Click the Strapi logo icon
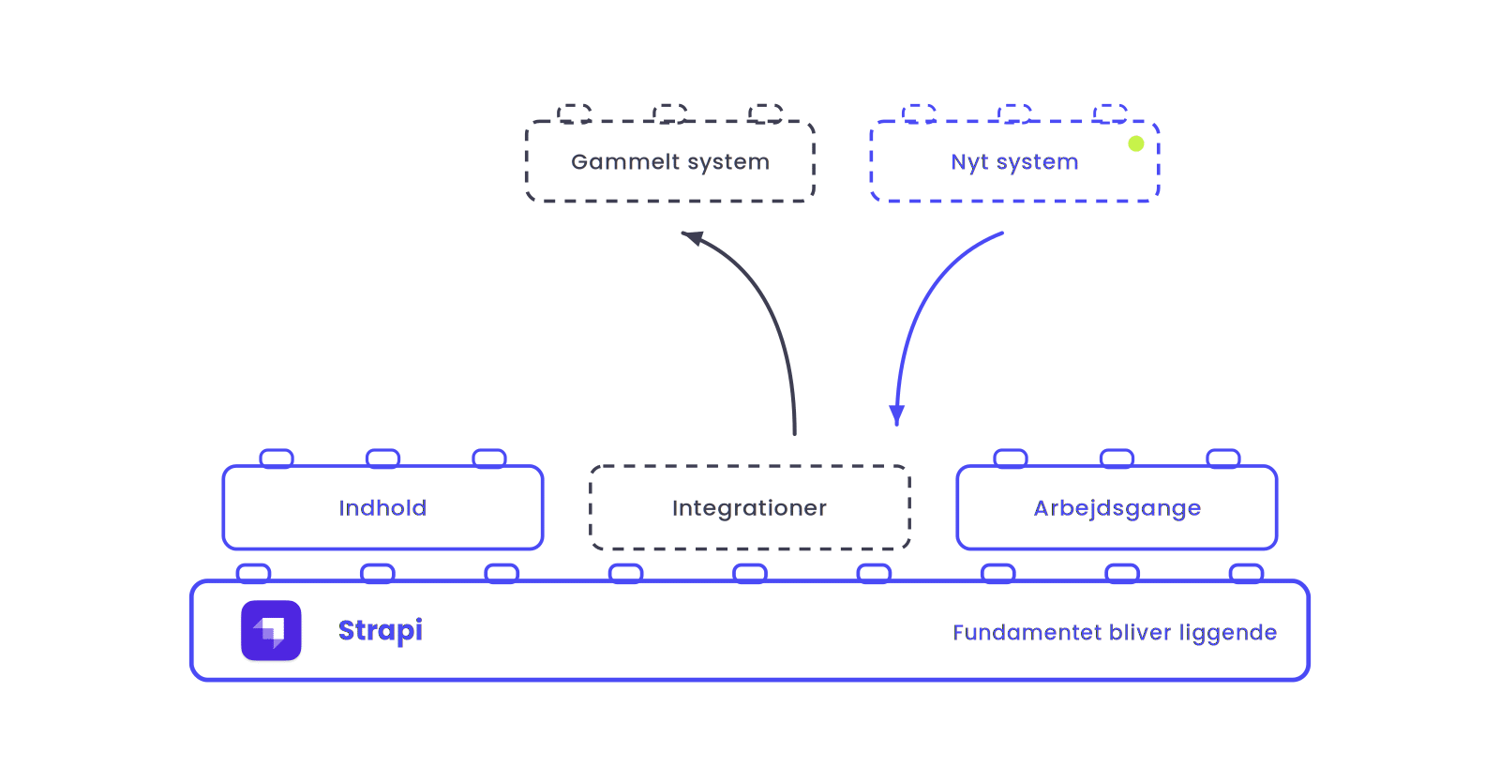point(271,631)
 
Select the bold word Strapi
point(381,631)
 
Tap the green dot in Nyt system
point(1135,143)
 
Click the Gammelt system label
point(670,162)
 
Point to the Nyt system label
point(1014,162)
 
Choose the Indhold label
point(382,508)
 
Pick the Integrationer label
point(749,508)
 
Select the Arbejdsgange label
point(1117,508)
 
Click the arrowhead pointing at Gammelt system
point(693,237)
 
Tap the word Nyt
point(969,162)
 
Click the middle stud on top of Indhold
point(383,459)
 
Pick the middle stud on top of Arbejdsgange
point(1117,459)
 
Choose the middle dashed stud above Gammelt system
point(669,113)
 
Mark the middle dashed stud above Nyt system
point(1014,113)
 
